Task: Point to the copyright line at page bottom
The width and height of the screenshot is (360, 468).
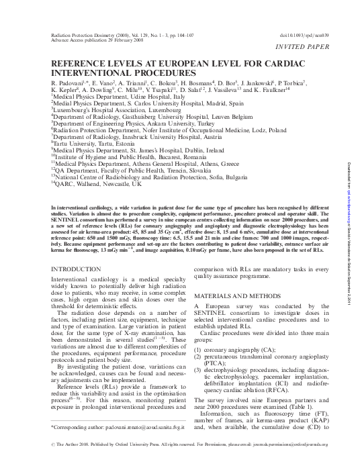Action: [x=180, y=461]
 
